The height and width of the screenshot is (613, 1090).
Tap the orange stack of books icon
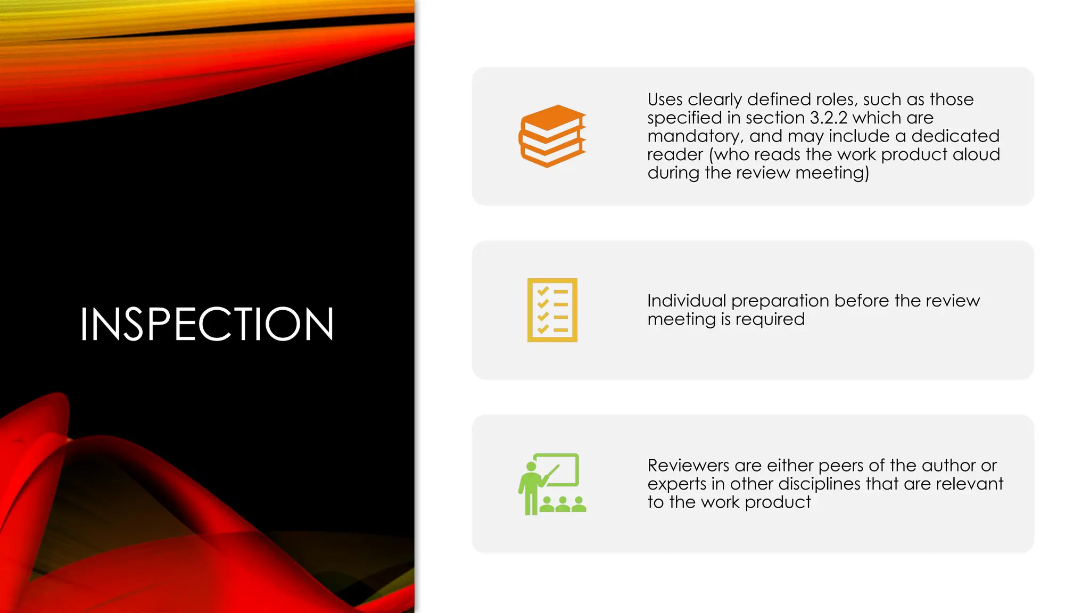pyautogui.click(x=552, y=136)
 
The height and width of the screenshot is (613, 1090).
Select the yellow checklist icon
pyautogui.click(x=552, y=310)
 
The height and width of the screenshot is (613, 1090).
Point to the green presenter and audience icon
pyautogui.click(x=552, y=484)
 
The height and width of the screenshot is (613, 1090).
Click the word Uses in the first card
pyautogui.click(x=665, y=100)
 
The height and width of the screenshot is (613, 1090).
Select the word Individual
pyautogui.click(x=687, y=301)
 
